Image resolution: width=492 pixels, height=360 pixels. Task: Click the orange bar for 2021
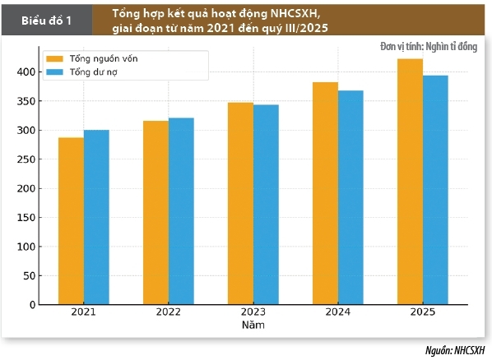(71, 221)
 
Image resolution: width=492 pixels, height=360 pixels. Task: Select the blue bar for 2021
(96, 218)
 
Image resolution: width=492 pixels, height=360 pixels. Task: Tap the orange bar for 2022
(155, 213)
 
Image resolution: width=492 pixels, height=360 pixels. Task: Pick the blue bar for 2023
(266, 205)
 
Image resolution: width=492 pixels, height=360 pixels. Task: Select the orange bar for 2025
(410, 182)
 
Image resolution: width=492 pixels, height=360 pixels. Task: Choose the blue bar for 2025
(435, 190)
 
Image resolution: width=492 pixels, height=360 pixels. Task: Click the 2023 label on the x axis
(253, 313)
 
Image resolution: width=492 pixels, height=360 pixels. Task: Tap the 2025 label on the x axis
(422, 313)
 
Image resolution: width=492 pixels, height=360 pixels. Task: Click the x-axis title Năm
(253, 325)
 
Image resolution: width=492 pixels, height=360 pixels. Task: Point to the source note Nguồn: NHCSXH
(453, 349)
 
